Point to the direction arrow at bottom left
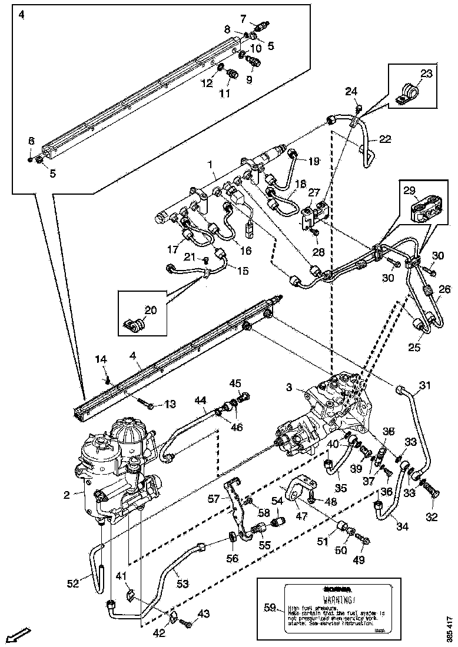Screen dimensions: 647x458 point(18,636)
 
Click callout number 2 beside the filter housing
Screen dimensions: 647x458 point(68,495)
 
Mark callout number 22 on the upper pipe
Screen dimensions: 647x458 point(384,139)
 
